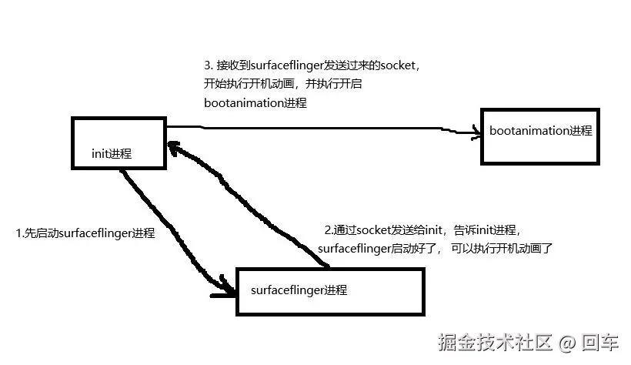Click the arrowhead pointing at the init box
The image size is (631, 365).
pos(174,146)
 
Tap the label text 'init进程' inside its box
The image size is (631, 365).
pos(112,153)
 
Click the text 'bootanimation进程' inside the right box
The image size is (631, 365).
pos(541,130)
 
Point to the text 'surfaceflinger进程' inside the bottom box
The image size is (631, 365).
pos(299,290)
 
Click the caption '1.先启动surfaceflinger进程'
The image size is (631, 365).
pos(85,233)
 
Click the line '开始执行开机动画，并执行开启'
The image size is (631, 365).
pos(272,84)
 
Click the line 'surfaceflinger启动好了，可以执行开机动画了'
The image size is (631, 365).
pos(435,249)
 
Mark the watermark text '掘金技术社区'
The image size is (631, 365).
pos(495,341)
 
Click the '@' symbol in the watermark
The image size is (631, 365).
pos(567,342)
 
